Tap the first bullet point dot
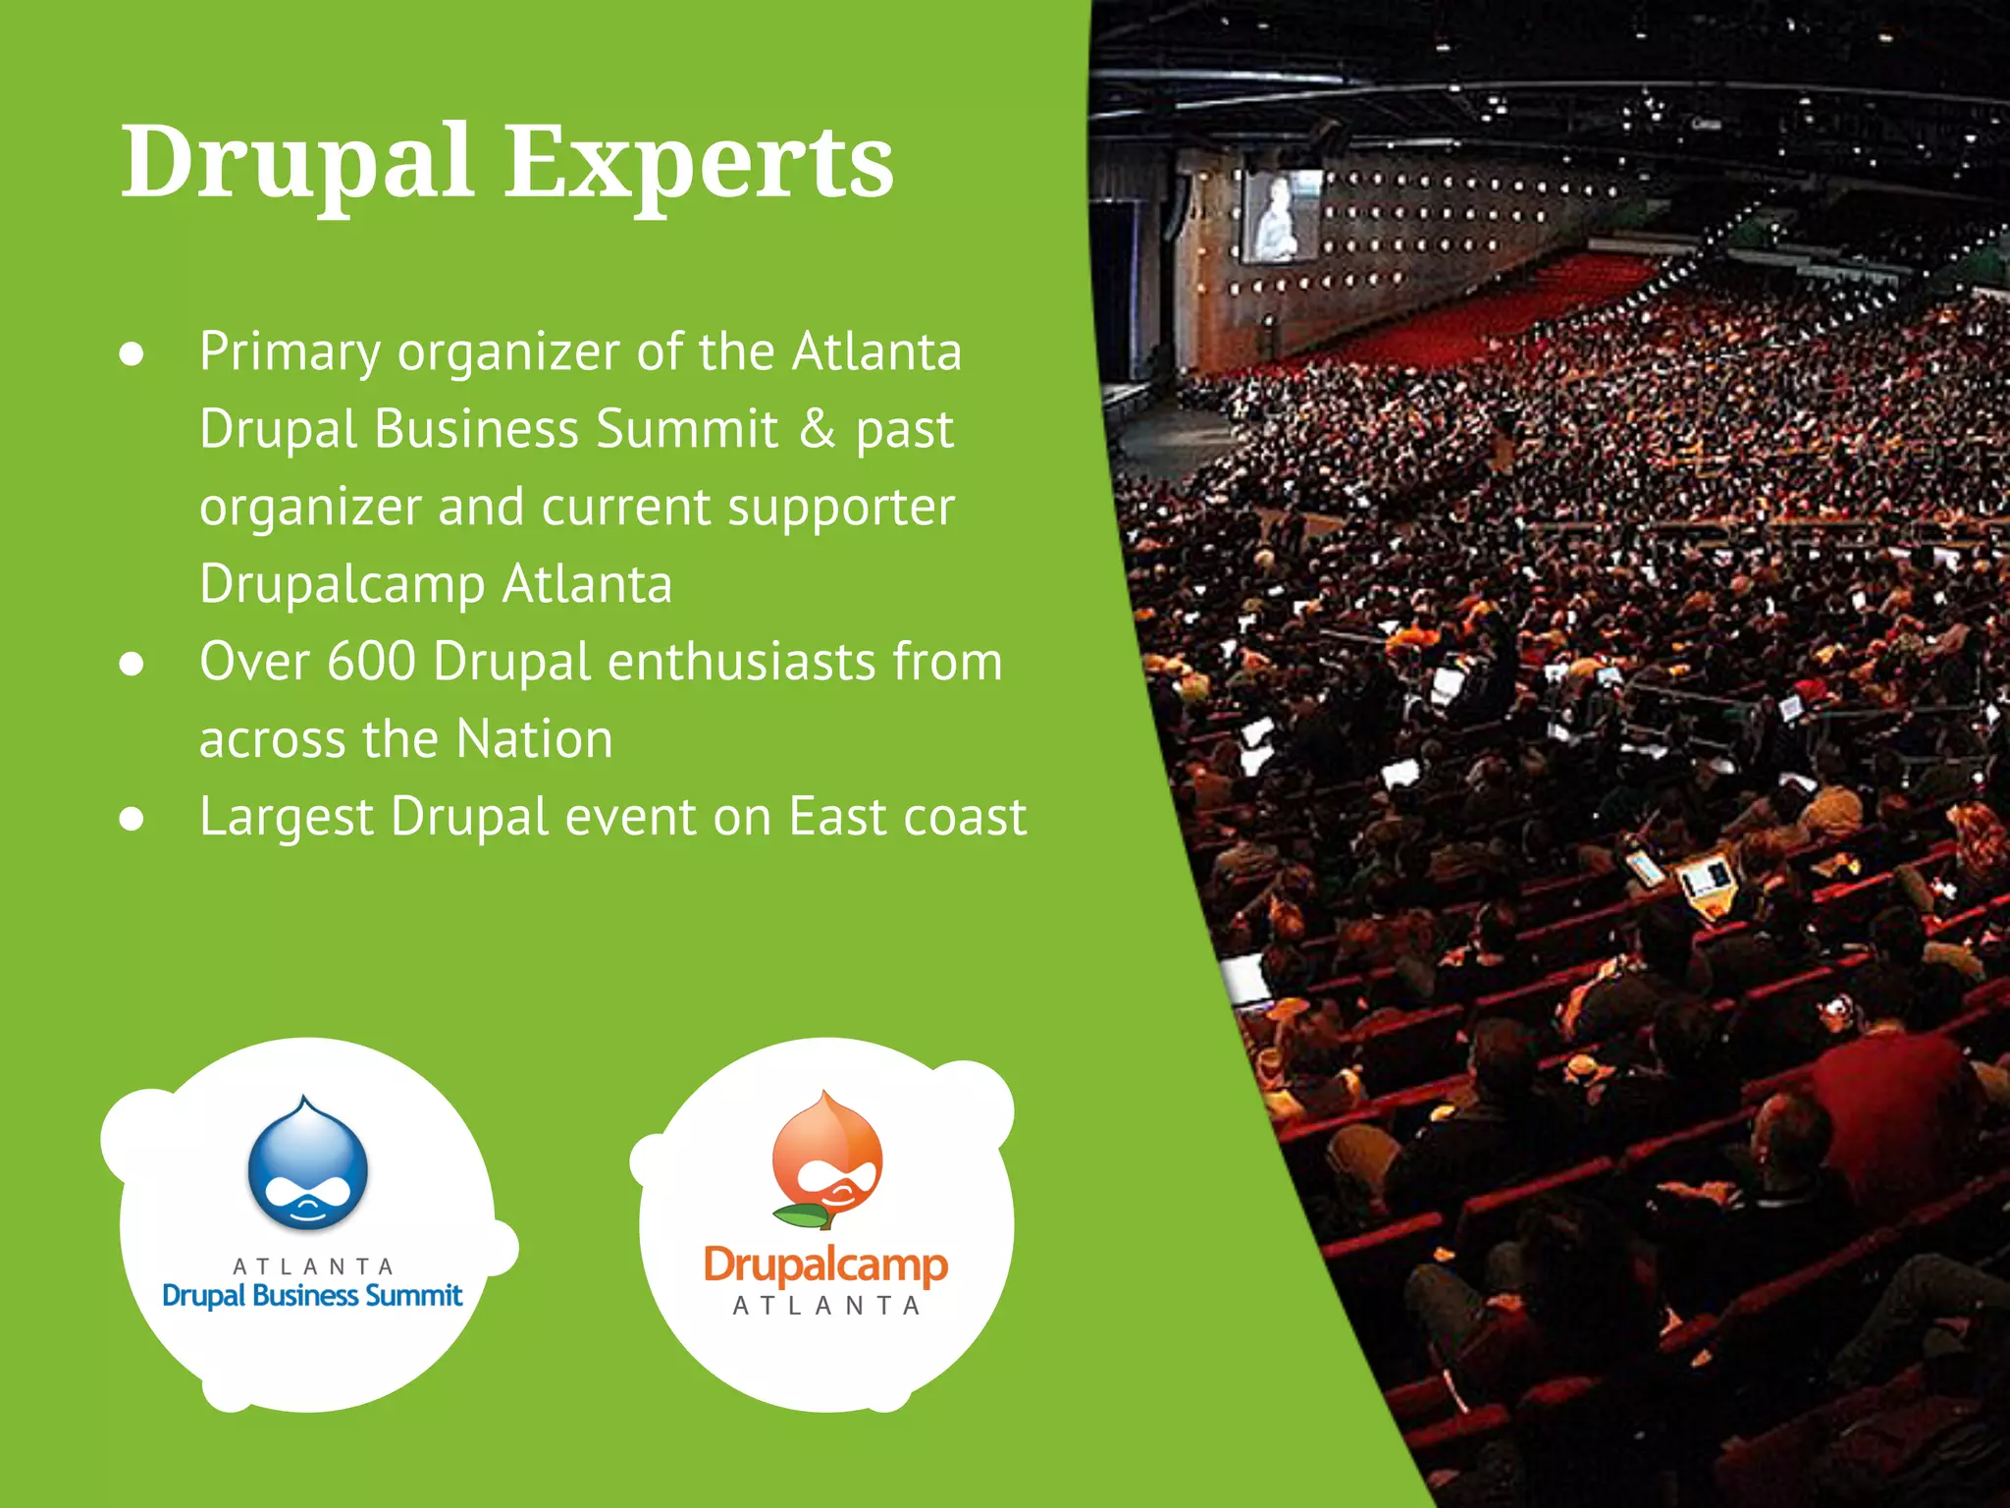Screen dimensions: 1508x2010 tap(132, 354)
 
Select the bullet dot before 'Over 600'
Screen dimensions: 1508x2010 tap(132, 665)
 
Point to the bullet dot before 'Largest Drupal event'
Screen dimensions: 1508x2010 tap(132, 820)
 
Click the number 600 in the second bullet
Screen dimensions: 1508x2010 tap(371, 662)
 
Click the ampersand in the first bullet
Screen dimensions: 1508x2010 tap(817, 429)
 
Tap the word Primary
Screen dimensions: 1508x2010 tap(290, 353)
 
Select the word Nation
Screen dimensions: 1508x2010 tap(535, 739)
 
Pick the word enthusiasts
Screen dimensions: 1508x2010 tap(741, 662)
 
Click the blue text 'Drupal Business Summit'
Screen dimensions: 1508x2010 tap(312, 1296)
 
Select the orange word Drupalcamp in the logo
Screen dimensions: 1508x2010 tap(825, 1266)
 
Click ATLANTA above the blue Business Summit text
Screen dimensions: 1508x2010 tap(313, 1266)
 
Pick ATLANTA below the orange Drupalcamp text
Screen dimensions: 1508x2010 tap(826, 1307)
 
